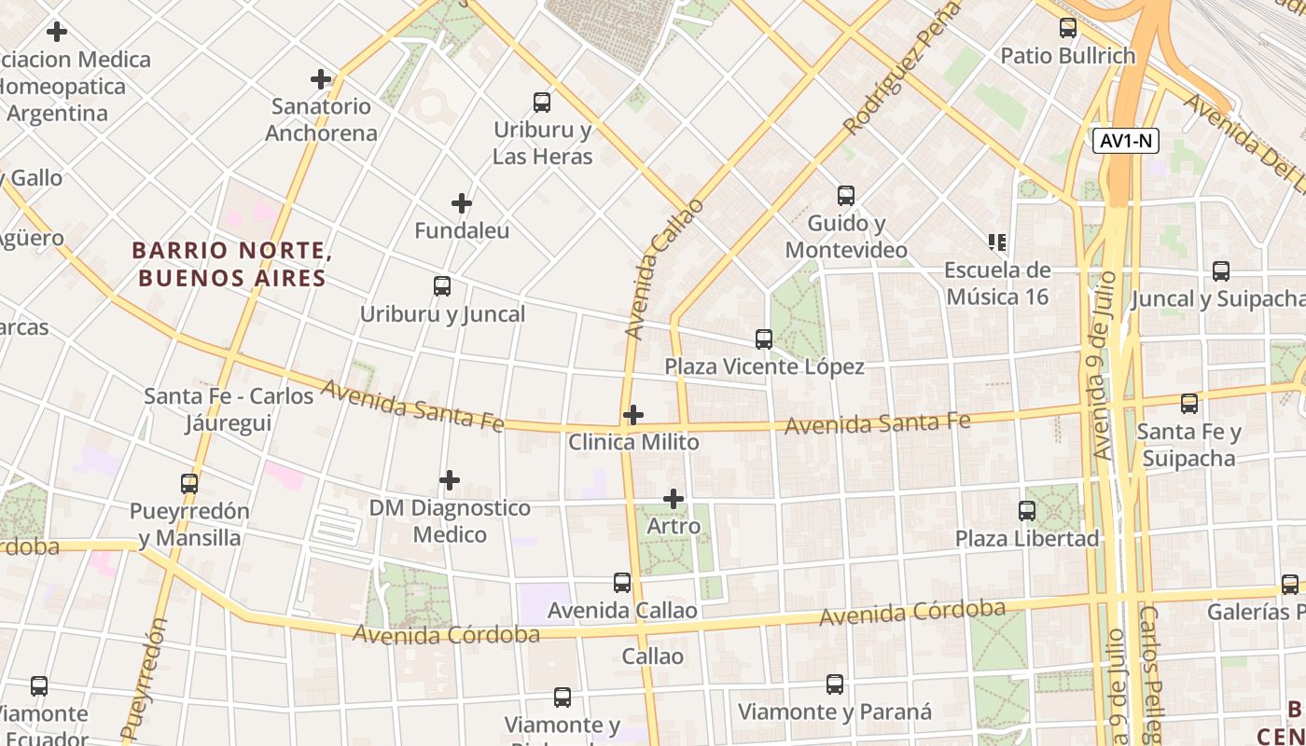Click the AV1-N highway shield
(1126, 141)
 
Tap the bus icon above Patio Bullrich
(1068, 28)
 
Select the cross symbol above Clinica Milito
(633, 414)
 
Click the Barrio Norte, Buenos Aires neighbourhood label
(232, 264)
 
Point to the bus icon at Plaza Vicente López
(764, 339)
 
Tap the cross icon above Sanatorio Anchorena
(321, 79)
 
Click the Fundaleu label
(462, 230)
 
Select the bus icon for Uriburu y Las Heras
(542, 103)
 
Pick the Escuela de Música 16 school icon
(996, 242)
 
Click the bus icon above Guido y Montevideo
(846, 196)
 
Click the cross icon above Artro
(674, 499)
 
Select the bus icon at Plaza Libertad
(1027, 511)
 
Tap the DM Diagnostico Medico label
(450, 521)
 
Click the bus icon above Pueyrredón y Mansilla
(189, 484)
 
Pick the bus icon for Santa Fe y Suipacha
(1189, 404)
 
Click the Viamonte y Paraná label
(835, 711)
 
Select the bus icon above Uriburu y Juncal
(442, 286)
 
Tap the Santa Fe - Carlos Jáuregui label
(229, 409)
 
